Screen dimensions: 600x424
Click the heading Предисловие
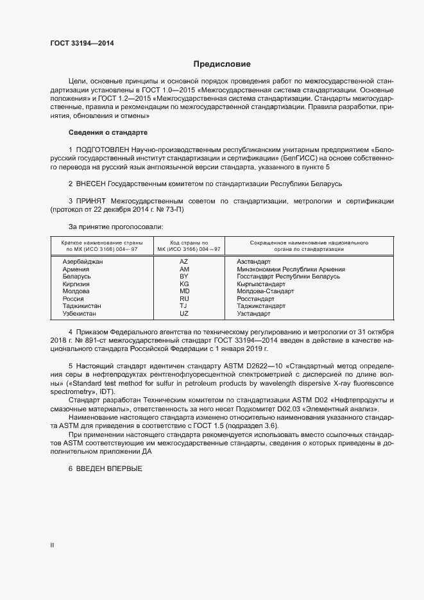[222, 64]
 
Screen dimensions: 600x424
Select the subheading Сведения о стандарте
[108, 132]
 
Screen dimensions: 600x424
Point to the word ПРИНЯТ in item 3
[92, 201]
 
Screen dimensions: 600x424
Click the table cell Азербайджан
[82, 262]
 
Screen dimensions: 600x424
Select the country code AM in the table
[184, 270]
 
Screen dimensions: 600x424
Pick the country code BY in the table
[184, 277]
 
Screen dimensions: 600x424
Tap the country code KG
[184, 284]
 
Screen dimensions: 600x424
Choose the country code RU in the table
[184, 298]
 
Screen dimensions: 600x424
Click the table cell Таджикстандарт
[261, 306]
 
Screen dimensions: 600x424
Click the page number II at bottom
[52, 545]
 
